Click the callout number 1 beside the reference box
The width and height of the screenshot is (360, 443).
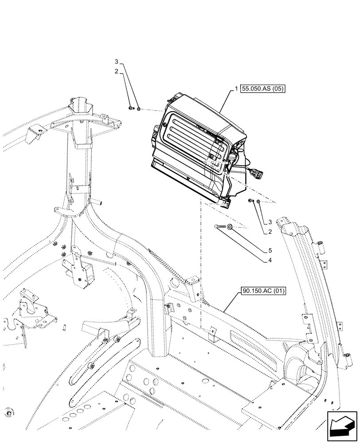pos(238,89)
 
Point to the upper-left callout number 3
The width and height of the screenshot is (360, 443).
pos(117,61)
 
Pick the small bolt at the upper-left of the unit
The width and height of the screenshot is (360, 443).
pos(131,108)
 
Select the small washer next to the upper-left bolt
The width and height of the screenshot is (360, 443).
pos(138,109)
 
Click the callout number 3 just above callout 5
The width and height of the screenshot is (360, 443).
pos(269,222)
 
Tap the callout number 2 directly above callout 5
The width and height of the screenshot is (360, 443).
pos(269,231)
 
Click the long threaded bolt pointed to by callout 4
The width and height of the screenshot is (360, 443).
pos(220,227)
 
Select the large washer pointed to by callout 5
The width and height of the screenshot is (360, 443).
pos(231,227)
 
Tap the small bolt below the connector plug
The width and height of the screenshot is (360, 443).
pos(251,201)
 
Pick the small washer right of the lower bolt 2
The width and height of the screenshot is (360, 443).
pos(258,202)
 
